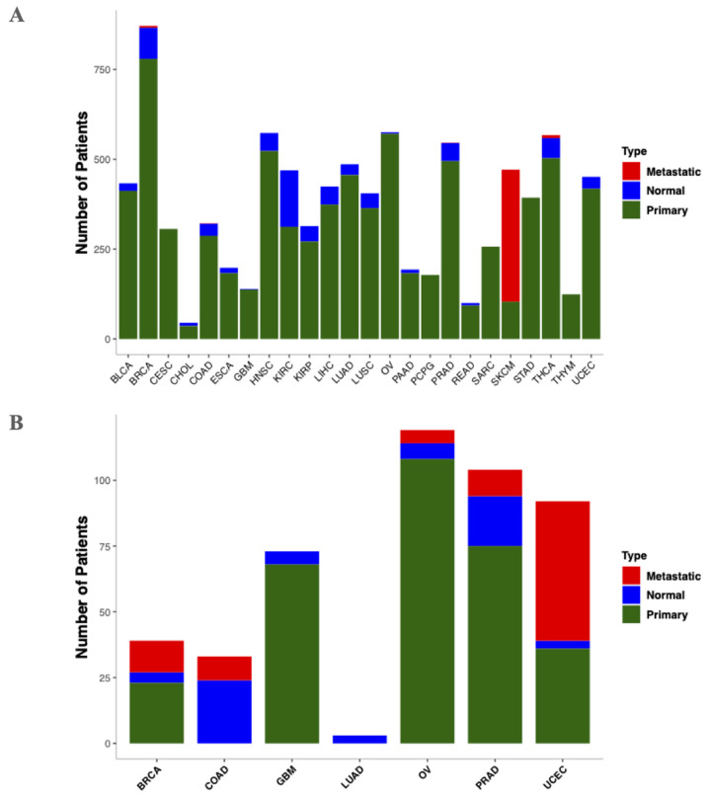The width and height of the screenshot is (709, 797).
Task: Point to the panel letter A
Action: [x=17, y=17]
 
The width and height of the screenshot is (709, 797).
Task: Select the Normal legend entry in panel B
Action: [x=658, y=595]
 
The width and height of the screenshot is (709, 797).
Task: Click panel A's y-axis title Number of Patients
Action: [x=84, y=184]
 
